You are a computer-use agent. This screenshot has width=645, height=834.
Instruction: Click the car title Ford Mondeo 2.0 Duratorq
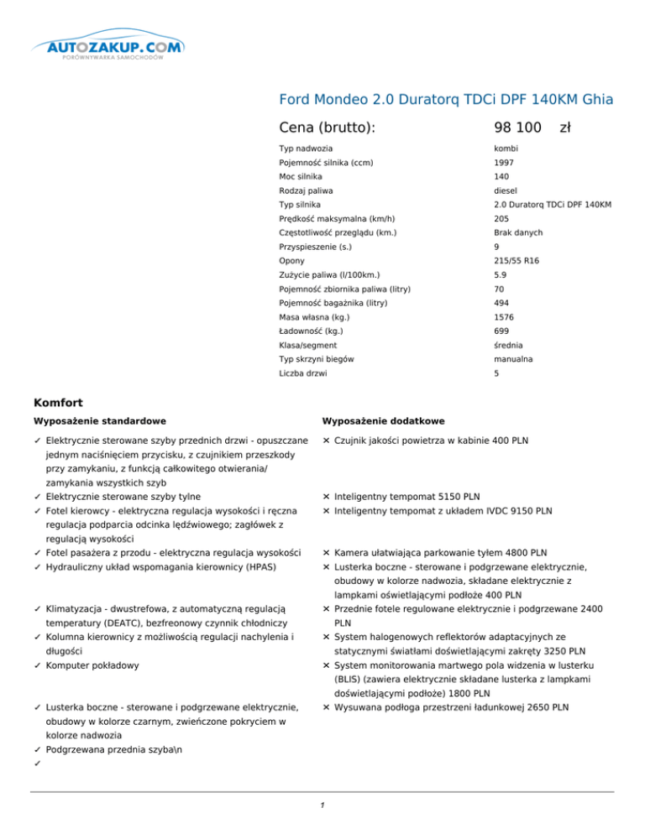[446, 100]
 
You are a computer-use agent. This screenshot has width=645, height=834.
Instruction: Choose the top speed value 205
[502, 219]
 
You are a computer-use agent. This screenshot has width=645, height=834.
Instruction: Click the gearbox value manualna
[514, 359]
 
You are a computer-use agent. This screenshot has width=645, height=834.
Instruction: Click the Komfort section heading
[60, 403]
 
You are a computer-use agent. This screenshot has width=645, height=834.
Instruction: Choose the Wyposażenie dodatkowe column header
[383, 420]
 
